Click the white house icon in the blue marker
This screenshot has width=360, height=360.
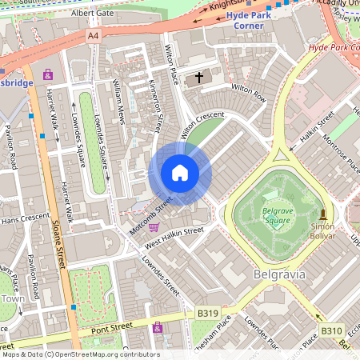180,173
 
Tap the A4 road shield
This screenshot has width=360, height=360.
94,36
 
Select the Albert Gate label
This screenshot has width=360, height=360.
93,14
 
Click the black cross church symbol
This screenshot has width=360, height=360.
198,78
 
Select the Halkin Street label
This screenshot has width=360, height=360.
314,128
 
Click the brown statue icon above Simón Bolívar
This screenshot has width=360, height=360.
323,214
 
